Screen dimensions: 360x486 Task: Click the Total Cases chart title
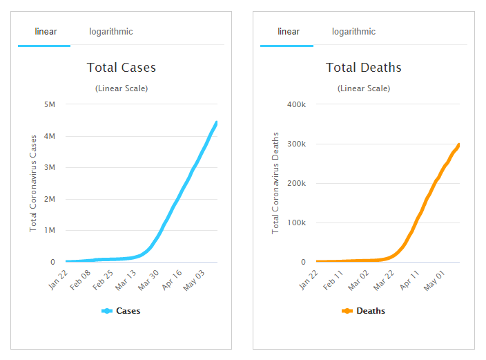pyautogui.click(x=121, y=68)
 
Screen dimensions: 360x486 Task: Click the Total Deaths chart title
pyautogui.click(x=363, y=68)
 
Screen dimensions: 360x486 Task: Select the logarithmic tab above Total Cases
pyautogui.click(x=110, y=32)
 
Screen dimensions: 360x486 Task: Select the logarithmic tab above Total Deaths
pyautogui.click(x=353, y=32)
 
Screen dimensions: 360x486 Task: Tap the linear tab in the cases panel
pyautogui.click(x=46, y=32)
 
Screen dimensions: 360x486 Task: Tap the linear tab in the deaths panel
pyautogui.click(x=288, y=32)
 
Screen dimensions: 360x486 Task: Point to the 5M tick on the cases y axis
pyautogui.click(x=49, y=105)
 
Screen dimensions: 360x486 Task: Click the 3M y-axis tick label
pyautogui.click(x=49, y=168)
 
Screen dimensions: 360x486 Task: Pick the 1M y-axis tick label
pyautogui.click(x=49, y=231)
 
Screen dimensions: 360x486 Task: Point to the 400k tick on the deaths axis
pyautogui.click(x=295, y=105)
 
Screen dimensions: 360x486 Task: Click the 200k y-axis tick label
pyautogui.click(x=295, y=184)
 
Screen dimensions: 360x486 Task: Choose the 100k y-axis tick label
pyautogui.click(x=295, y=223)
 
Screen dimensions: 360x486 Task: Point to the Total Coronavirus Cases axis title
pyautogui.click(x=32, y=183)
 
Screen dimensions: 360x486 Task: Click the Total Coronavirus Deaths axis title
pyautogui.click(x=275, y=183)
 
